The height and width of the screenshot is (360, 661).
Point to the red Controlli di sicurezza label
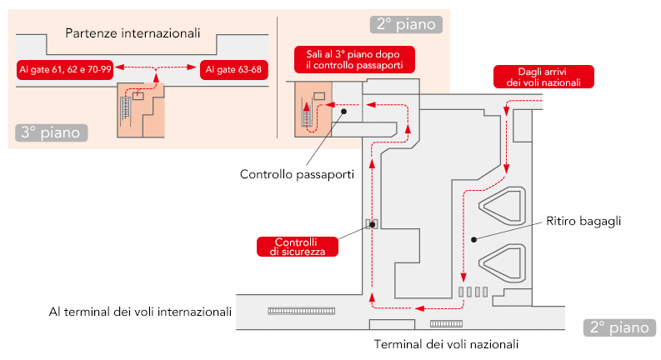click(x=298, y=246)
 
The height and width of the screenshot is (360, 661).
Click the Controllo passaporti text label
click(x=297, y=175)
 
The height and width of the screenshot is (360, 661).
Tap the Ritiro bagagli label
click(x=585, y=221)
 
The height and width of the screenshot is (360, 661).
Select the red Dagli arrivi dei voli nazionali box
click(x=543, y=76)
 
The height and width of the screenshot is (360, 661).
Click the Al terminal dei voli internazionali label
click(x=140, y=312)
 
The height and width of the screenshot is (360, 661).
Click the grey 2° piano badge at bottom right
click(x=618, y=327)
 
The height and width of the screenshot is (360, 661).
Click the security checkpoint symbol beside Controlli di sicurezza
click(x=372, y=223)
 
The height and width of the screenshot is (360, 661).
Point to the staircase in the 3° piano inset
click(x=127, y=110)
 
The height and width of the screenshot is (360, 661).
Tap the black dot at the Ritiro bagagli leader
click(x=473, y=239)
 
